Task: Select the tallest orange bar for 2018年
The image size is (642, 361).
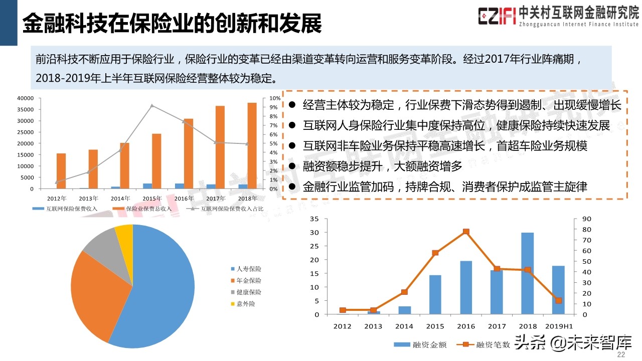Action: click(x=252, y=146)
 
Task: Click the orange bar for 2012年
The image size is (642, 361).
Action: click(x=61, y=171)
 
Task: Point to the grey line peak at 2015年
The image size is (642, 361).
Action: click(x=152, y=105)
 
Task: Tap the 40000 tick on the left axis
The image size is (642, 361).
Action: click(x=25, y=98)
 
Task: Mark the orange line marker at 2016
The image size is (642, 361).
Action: click(x=466, y=232)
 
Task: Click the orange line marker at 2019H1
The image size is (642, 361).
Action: click(x=558, y=300)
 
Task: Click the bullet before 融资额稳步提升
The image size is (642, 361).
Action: click(x=292, y=167)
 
